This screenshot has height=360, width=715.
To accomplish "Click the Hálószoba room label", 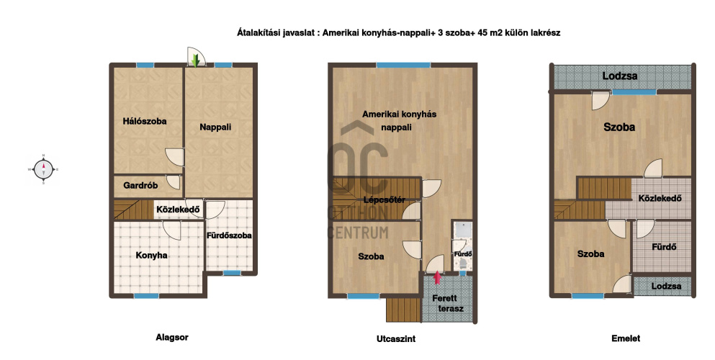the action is tap(145, 121).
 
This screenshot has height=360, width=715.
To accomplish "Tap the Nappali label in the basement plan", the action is tap(215, 127).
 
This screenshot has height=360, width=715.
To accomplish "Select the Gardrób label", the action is tap(140, 186).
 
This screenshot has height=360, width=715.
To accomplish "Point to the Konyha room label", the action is tap(151, 256).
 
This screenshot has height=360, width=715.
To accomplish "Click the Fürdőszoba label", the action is tap(229, 235).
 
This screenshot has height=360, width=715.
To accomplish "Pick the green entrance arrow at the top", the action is tap(196, 60).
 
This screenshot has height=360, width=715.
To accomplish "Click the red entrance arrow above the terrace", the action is tap(437, 277).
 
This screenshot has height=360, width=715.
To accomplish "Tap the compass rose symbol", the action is tap(43, 169).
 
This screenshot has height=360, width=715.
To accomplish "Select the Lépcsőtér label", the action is tap(385, 200).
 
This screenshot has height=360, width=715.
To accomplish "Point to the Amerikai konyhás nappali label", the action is tap(399, 121).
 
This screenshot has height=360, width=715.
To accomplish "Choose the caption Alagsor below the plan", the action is tap(172, 338).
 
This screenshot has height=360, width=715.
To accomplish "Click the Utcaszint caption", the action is tap(396, 338).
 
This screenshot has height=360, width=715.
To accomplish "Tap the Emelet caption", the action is tap(626, 338).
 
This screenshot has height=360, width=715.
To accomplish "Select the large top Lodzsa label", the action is tap(620, 76).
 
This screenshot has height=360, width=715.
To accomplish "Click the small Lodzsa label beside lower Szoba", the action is tap(666, 286).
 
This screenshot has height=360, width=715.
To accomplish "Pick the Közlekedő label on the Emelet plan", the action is tap(660, 198).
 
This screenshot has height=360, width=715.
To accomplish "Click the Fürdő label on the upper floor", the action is tap(664, 247).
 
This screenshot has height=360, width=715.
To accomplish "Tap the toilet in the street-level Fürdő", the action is tap(462, 264).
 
